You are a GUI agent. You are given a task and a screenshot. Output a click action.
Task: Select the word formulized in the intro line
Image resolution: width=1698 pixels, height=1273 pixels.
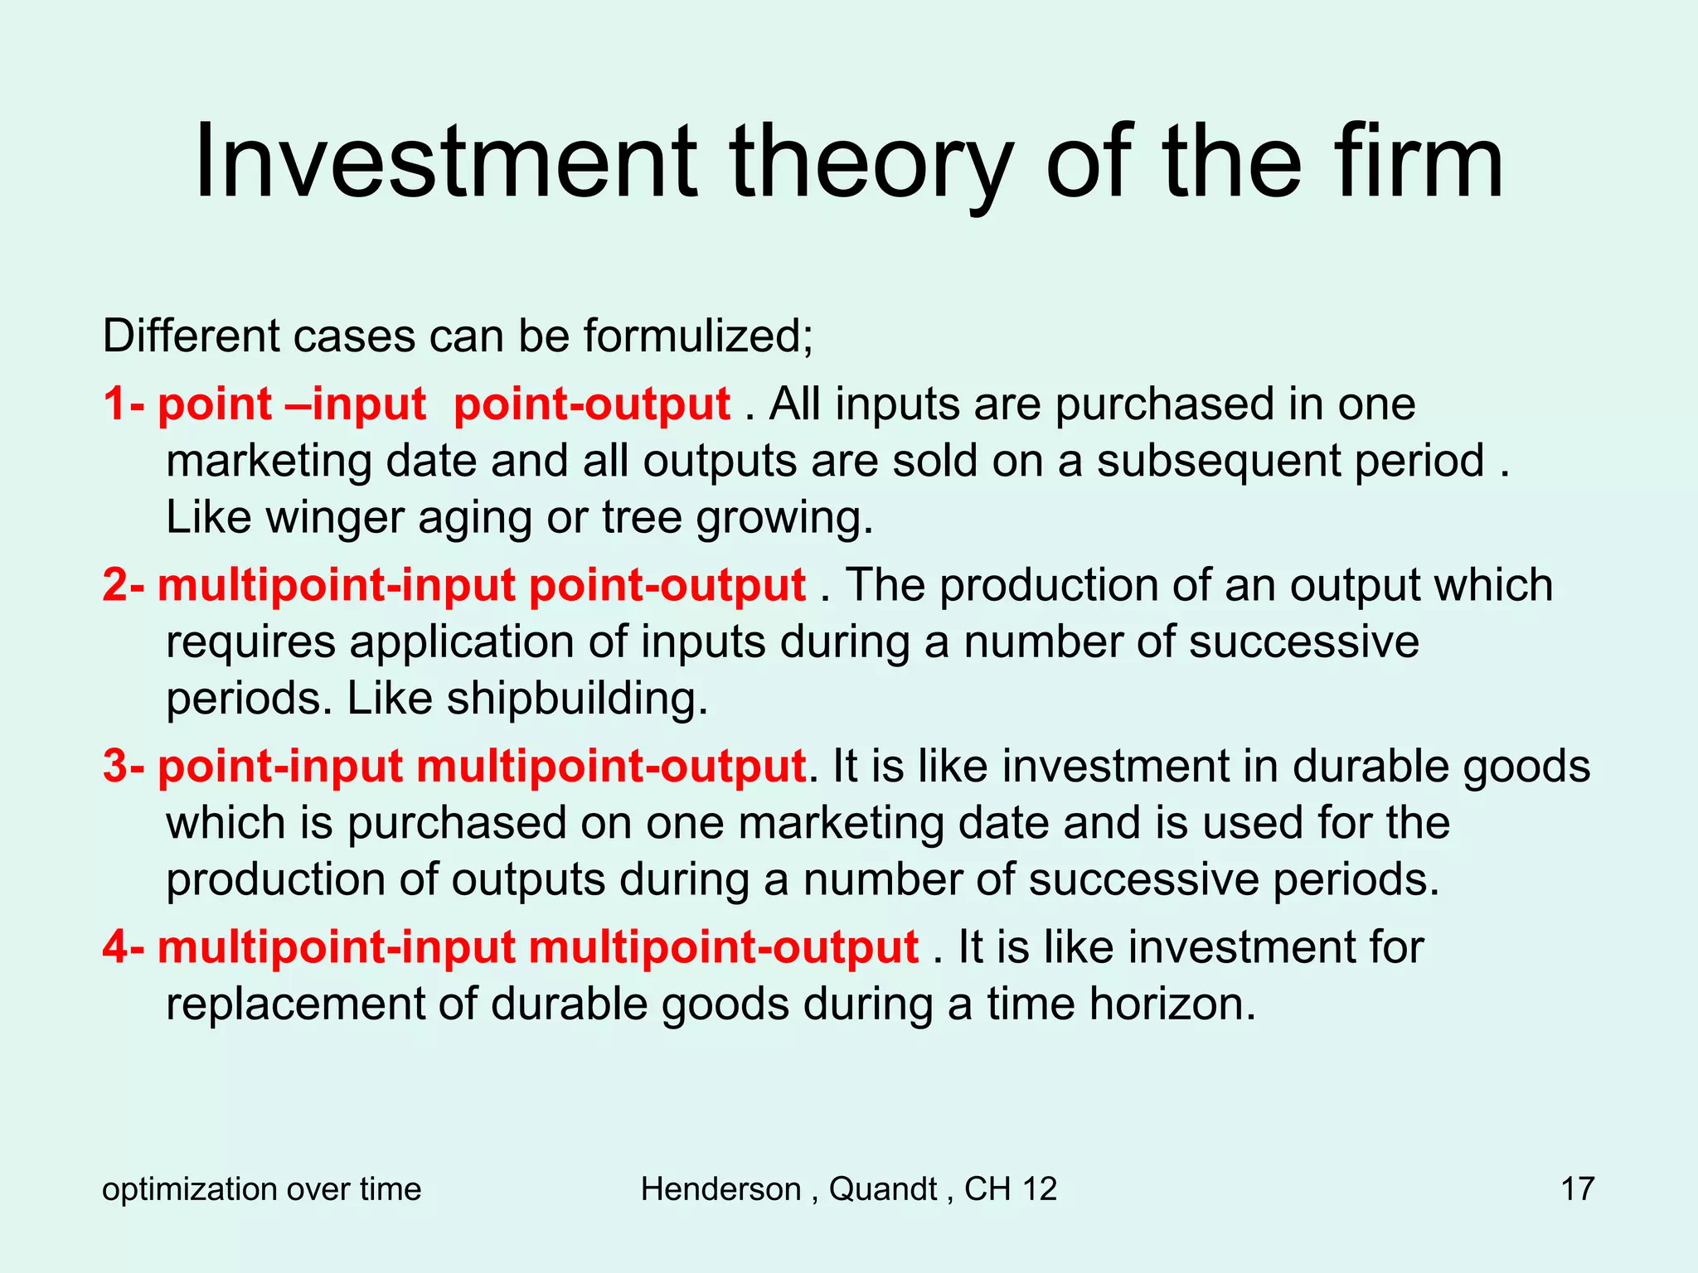click(x=692, y=336)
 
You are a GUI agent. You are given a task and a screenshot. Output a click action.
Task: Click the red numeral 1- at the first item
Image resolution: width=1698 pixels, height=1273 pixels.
click(x=124, y=404)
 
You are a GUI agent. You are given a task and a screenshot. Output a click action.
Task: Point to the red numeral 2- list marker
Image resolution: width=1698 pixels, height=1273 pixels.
click(x=124, y=585)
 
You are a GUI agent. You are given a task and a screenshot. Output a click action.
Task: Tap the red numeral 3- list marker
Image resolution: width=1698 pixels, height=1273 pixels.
click(x=124, y=766)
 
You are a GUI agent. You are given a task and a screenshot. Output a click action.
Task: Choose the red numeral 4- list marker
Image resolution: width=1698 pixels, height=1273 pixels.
click(x=124, y=946)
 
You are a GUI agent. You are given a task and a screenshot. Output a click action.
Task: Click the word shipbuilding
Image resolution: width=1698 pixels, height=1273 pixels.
click(x=577, y=699)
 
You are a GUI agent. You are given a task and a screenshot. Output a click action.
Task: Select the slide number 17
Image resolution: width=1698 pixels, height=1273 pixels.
click(x=1577, y=1189)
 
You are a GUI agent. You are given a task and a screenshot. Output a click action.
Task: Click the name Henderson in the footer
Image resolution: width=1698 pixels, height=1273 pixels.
click(x=720, y=1189)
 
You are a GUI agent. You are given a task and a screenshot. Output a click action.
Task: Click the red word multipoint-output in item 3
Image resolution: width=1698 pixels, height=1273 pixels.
click(x=611, y=766)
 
